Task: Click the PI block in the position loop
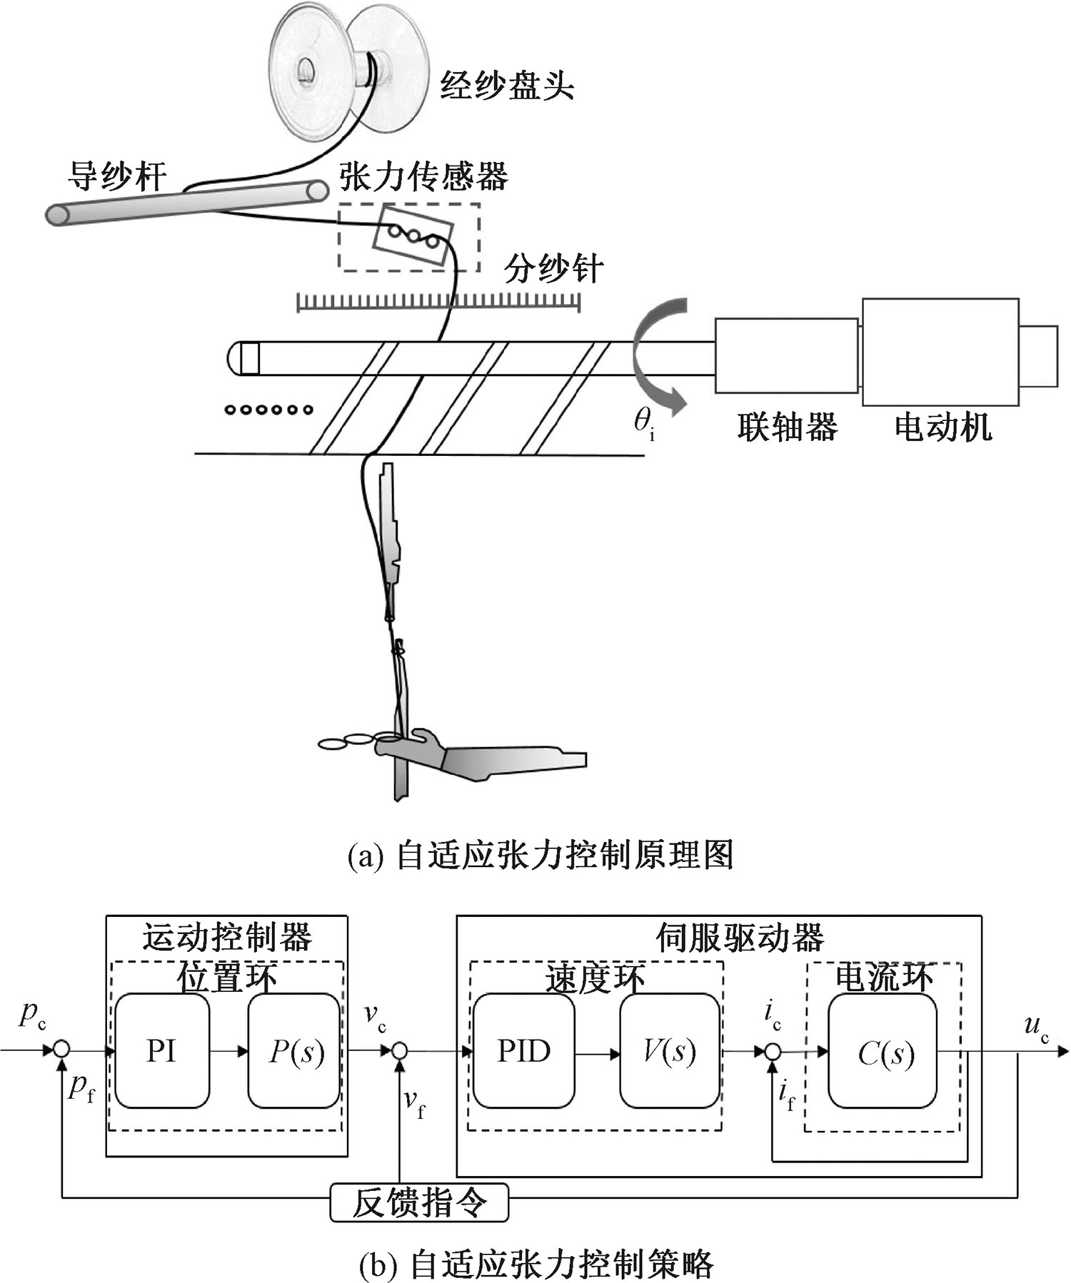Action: tap(162, 1050)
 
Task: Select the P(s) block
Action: tap(294, 1050)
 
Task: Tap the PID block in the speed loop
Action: tap(523, 1050)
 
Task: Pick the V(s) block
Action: tap(669, 1050)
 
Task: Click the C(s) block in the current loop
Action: tap(883, 1050)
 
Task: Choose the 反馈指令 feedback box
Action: tap(419, 1202)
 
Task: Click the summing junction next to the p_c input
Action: tap(62, 1050)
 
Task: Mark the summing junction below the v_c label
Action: tap(400, 1050)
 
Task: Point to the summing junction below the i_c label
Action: tap(772, 1051)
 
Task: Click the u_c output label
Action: tap(1036, 1028)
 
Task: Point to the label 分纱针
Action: tap(553, 269)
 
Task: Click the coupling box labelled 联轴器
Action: tap(786, 355)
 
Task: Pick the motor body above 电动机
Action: tap(940, 352)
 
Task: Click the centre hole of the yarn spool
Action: tap(306, 70)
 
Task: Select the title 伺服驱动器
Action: tap(740, 938)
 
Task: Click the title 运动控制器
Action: tap(227, 937)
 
